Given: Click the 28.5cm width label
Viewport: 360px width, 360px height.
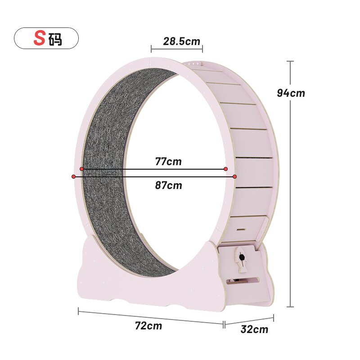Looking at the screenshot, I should [x=181, y=41].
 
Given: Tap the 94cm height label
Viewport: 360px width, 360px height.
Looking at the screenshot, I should [x=291, y=93].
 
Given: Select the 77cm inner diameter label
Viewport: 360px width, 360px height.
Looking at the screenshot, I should [x=168, y=161].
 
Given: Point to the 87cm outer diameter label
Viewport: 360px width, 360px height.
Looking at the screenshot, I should [x=168, y=185].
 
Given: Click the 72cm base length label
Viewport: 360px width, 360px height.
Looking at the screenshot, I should [x=148, y=326].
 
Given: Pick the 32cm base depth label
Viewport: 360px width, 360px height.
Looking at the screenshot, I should [x=254, y=329].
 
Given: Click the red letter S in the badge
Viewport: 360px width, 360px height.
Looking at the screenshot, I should [x=40, y=39].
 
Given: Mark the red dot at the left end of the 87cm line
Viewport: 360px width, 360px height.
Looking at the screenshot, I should [x=73, y=176].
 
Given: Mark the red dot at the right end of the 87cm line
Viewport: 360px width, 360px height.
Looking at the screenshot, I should [x=234, y=176].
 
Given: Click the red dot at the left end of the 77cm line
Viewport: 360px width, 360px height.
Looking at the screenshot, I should [x=81, y=169].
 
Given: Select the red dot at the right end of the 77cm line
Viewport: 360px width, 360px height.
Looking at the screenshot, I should [x=225, y=169].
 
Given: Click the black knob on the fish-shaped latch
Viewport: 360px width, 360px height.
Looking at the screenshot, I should [x=242, y=257].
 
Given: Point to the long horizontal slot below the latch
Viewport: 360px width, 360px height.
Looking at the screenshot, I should [x=243, y=280].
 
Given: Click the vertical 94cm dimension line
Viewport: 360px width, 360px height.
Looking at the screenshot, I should [x=291, y=202].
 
